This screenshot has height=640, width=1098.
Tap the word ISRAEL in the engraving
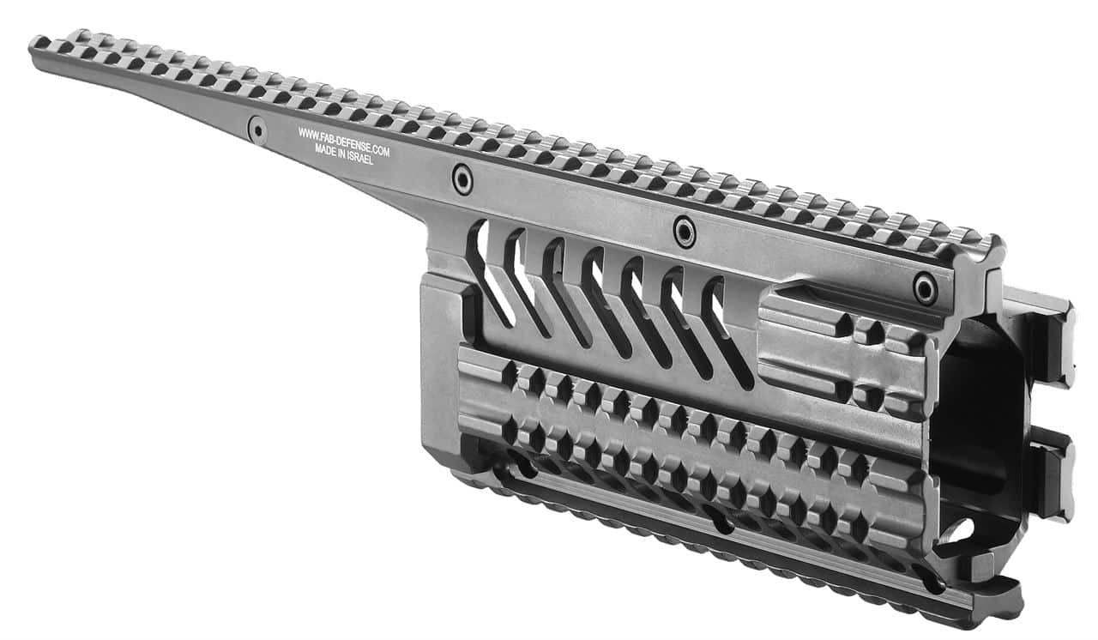pos(360,157)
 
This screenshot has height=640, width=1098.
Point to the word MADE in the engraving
pos(325,149)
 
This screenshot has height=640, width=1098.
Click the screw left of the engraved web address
pos(257,130)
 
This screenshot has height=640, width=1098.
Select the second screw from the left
pos(462,179)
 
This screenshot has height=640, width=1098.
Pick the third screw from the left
pos(685,232)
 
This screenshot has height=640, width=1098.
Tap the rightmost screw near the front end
pos(925,288)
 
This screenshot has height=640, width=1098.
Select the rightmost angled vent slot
pos(727,333)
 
